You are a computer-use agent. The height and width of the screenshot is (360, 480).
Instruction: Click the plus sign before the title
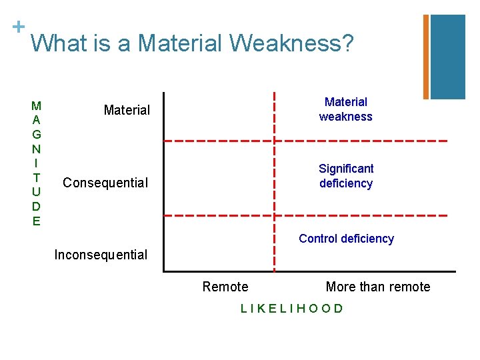18,27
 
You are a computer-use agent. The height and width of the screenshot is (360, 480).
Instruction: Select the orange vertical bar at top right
426,57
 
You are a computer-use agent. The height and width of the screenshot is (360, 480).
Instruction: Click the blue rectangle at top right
447,57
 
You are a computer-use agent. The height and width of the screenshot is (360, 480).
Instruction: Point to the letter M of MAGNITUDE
36,105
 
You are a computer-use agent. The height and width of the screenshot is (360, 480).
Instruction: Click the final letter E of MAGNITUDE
36,221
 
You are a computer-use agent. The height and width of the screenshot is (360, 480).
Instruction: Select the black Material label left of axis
127,110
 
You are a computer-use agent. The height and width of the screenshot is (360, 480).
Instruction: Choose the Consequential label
105,183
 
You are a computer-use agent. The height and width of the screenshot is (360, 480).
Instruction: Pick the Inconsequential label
101,255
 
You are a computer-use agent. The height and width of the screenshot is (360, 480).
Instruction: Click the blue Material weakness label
345,109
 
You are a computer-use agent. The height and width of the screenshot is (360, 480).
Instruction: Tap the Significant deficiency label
346,176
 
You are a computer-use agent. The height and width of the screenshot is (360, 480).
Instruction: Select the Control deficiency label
346,239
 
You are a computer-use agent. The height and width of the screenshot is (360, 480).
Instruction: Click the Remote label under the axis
225,287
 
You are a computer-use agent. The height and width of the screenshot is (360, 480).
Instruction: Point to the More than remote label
378,287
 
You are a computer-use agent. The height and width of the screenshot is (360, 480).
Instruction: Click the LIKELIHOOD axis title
292,308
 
